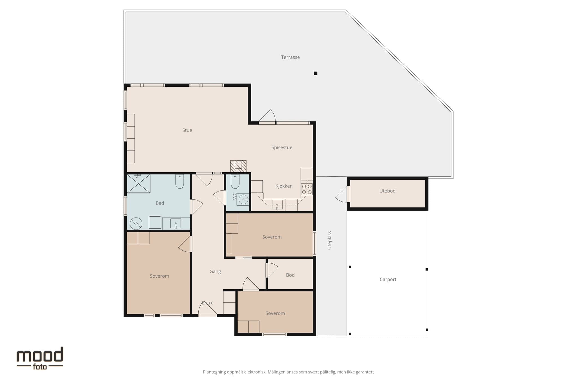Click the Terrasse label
290,57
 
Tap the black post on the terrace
316,73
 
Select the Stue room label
187,130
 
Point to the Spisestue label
282,147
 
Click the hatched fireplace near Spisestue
238,166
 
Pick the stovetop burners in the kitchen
307,189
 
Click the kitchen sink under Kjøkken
277,205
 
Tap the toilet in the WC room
235,181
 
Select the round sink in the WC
243,200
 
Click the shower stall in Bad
138,184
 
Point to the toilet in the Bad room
179,182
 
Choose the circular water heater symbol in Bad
136,224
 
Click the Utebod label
387,191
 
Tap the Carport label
388,279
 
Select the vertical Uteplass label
330,240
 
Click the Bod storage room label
290,275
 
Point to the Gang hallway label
215,271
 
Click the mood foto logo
40,358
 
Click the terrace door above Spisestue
267,117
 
